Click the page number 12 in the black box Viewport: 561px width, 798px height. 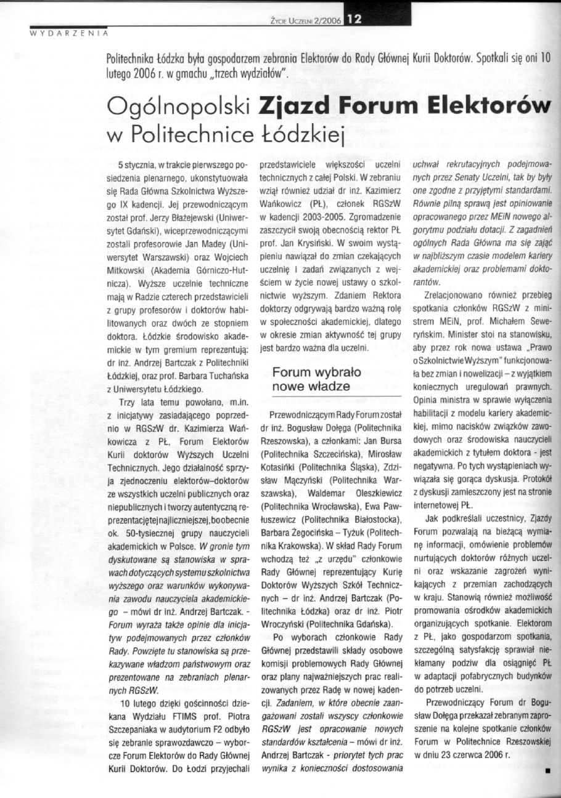coord(356,20)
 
